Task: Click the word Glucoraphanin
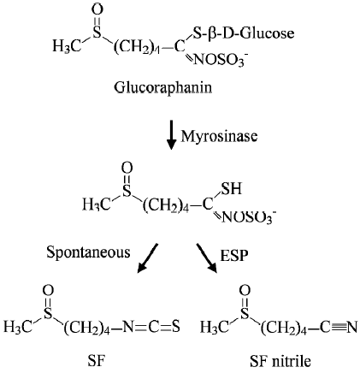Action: click(163, 87)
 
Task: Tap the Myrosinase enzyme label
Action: click(219, 136)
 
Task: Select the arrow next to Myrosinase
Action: click(171, 134)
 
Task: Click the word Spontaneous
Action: click(88, 252)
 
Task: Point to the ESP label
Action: click(234, 255)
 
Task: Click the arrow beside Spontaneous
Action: click(147, 258)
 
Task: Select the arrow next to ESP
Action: click(207, 258)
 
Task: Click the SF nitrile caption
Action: click(280, 361)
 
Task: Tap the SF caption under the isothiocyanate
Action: click(97, 361)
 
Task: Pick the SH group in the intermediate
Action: click(232, 188)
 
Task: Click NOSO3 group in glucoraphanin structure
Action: click(221, 60)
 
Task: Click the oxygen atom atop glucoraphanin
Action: click(97, 10)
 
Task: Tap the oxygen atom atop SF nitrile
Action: click(245, 291)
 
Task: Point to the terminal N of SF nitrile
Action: click(352, 327)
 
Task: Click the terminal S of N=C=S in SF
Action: click(176, 327)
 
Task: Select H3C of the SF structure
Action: click(18, 327)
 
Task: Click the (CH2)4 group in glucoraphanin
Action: click(137, 47)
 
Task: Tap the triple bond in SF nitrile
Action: click(339, 327)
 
